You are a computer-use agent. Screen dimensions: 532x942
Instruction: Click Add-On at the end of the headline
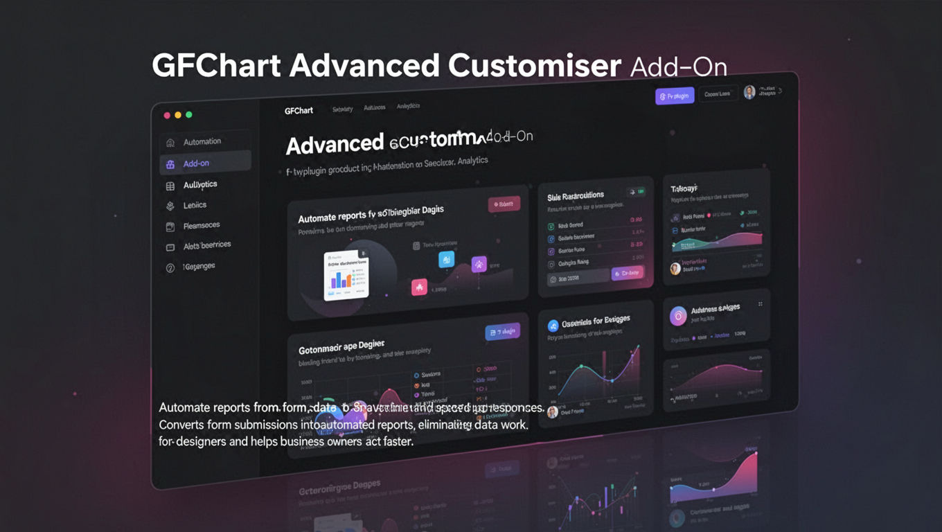pyautogui.click(x=679, y=67)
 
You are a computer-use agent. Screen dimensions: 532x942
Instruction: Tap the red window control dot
pyautogui.click(x=167, y=115)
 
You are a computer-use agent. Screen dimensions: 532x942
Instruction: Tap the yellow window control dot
pyautogui.click(x=178, y=115)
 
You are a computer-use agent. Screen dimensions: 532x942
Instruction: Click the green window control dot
pyautogui.click(x=189, y=114)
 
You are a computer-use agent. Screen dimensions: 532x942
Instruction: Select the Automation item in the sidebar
pyautogui.click(x=202, y=142)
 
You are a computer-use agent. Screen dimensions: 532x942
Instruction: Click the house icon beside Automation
pyautogui.click(x=170, y=143)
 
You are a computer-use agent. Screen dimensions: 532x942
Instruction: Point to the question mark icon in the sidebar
pyautogui.click(x=170, y=268)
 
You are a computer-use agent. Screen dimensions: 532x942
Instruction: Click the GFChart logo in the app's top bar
pyautogui.click(x=299, y=111)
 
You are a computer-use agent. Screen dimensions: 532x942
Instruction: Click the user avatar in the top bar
pyautogui.click(x=749, y=92)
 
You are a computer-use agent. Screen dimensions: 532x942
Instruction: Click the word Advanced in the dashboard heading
pyautogui.click(x=335, y=144)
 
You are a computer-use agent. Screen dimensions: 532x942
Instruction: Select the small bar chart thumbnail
pyautogui.click(x=346, y=274)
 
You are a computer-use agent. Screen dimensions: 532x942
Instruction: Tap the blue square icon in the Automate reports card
pyautogui.click(x=447, y=260)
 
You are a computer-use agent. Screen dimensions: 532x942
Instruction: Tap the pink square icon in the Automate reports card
pyautogui.click(x=419, y=287)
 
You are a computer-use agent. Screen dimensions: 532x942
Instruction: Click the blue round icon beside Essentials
pyautogui.click(x=553, y=326)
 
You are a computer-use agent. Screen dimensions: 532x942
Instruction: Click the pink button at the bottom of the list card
pyautogui.click(x=628, y=273)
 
